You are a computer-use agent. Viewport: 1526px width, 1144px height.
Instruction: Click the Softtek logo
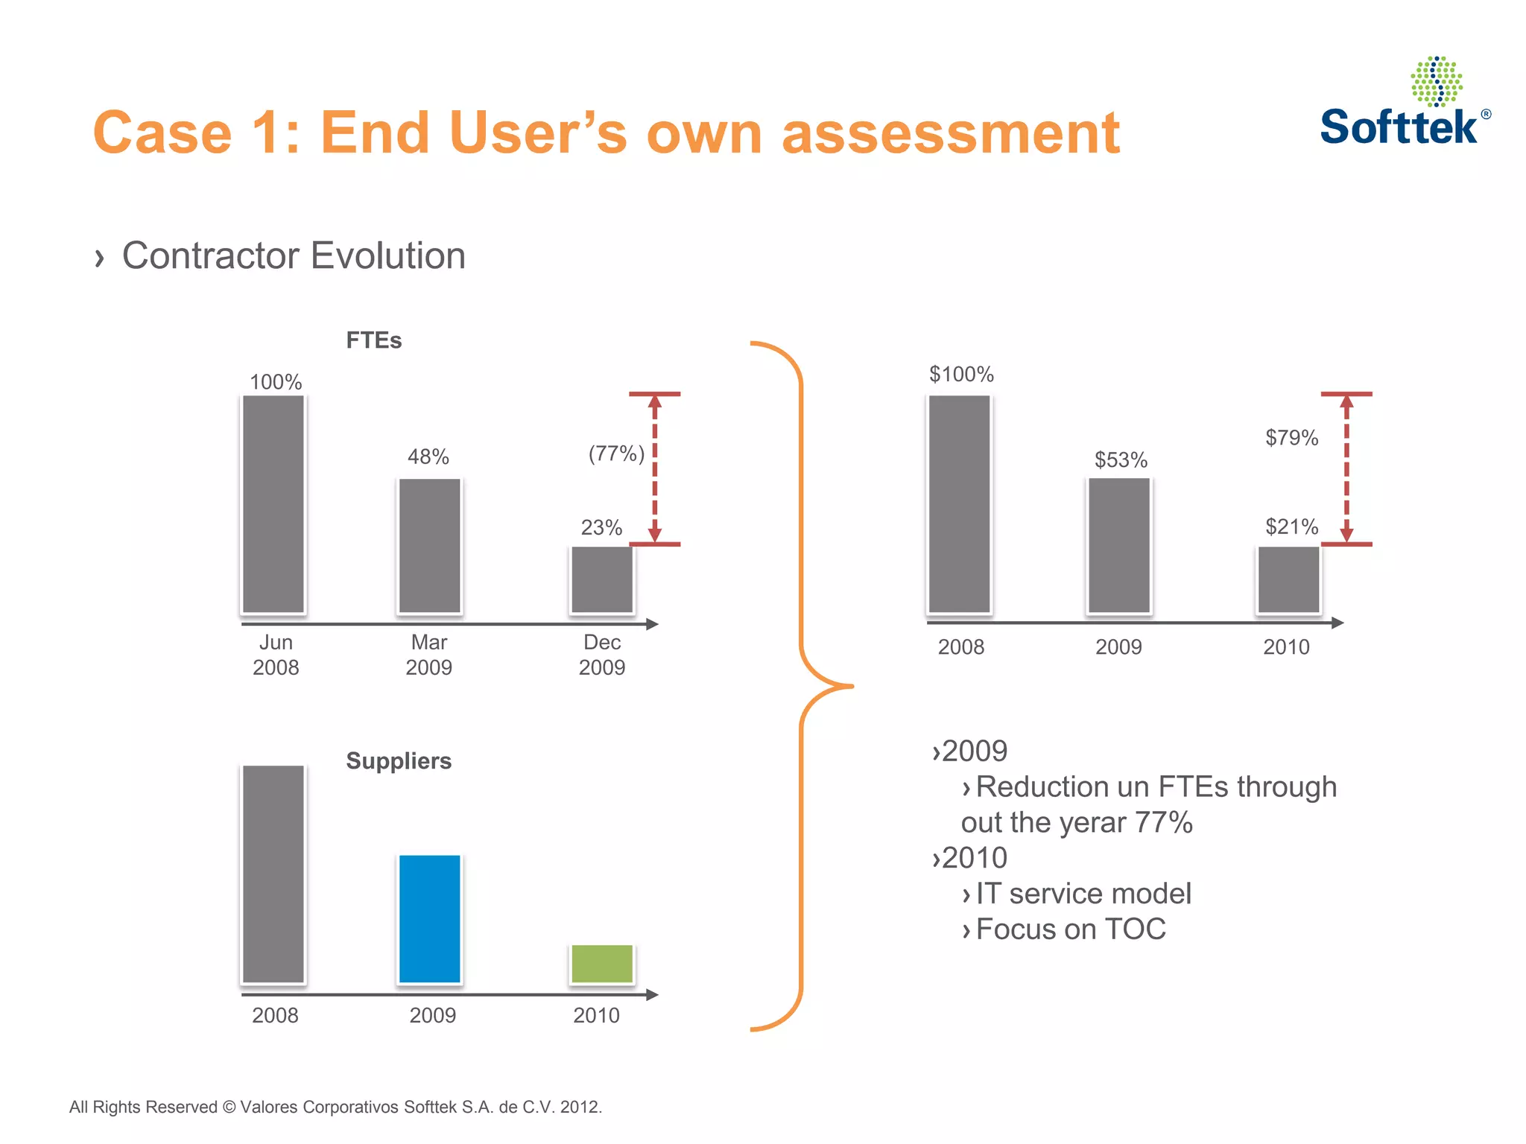click(x=1404, y=104)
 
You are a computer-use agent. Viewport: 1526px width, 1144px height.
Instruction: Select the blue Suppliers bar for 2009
click(x=430, y=918)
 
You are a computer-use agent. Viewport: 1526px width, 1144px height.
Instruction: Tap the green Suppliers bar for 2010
click(x=602, y=964)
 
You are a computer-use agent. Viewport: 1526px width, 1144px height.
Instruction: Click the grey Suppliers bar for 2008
click(x=273, y=874)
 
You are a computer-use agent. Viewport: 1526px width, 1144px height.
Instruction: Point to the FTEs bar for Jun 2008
click(x=273, y=504)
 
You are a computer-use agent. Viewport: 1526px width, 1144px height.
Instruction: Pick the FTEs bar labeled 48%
click(x=430, y=545)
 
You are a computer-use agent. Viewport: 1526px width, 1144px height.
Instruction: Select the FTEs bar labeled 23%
click(x=602, y=579)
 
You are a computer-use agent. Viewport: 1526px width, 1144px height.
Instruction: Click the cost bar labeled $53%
click(x=1119, y=545)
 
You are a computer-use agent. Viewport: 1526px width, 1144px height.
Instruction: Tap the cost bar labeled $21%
click(x=1288, y=579)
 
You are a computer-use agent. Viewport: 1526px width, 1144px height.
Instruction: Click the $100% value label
click(x=961, y=374)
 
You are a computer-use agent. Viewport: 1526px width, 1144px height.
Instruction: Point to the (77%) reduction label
click(x=616, y=453)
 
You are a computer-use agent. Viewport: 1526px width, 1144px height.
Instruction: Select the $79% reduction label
click(x=1291, y=437)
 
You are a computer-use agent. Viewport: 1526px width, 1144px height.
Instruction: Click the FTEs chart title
click(x=373, y=340)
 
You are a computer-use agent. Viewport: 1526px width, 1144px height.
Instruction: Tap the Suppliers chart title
click(x=399, y=760)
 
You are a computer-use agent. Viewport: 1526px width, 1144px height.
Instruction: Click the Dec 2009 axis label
click(x=602, y=655)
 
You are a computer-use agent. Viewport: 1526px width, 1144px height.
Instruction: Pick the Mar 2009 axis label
click(x=429, y=655)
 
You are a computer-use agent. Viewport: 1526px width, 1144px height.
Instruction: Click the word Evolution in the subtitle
click(x=387, y=255)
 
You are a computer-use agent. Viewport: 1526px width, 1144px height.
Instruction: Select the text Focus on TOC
click(x=1070, y=929)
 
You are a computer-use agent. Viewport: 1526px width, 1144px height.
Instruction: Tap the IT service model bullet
click(x=1083, y=893)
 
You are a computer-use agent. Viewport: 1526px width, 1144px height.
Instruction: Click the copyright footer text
click(x=335, y=1107)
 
